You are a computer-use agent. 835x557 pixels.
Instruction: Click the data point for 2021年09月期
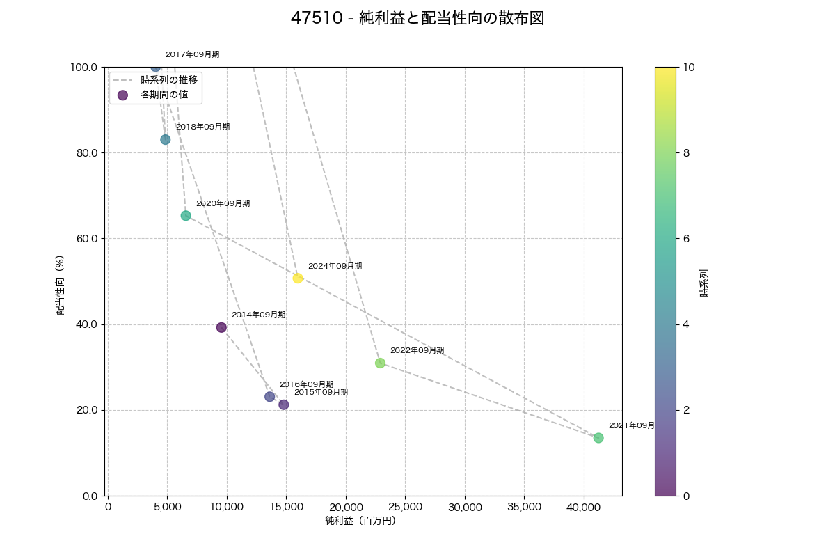click(598, 438)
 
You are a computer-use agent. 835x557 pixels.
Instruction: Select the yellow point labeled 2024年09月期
click(298, 278)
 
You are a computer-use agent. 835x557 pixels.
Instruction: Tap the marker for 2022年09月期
click(380, 363)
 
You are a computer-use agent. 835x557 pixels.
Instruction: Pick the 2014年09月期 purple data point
click(221, 327)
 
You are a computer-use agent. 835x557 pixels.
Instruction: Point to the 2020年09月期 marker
click(186, 216)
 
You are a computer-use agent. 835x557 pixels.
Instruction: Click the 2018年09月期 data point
click(165, 139)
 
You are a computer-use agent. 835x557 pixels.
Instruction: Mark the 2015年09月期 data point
click(283, 405)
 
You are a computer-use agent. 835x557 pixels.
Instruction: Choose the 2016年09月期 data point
click(269, 397)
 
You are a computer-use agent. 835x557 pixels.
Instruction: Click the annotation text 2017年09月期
click(192, 54)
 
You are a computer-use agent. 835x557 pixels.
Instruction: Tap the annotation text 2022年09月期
click(417, 350)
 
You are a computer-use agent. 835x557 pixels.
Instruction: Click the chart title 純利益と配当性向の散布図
click(417, 19)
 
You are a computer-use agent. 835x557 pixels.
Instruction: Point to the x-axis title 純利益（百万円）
click(360, 521)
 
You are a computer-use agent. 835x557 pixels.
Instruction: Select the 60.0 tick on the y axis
click(86, 239)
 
